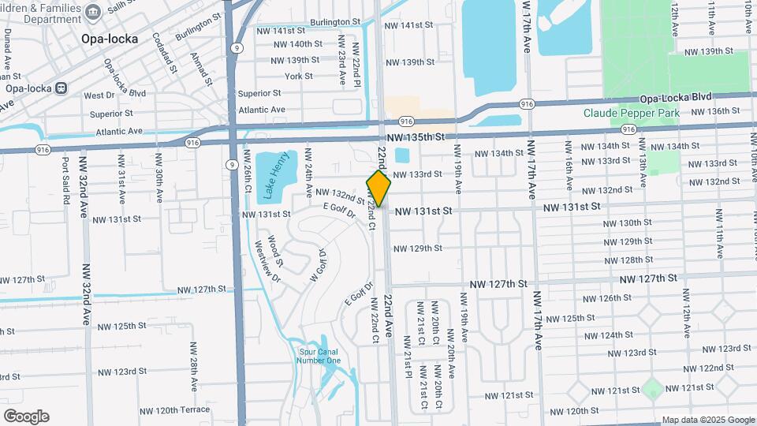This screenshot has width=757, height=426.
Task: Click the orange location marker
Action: point(378,189)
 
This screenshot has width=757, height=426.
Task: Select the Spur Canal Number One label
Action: point(319,356)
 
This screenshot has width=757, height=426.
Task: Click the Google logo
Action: point(26,417)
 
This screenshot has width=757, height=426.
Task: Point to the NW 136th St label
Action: point(713,111)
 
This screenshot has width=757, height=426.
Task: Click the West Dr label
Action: point(99,95)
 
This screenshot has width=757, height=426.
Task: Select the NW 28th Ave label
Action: point(193,367)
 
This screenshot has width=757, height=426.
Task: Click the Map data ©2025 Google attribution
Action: point(707,420)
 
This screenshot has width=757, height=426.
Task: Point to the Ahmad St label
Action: point(202,69)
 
